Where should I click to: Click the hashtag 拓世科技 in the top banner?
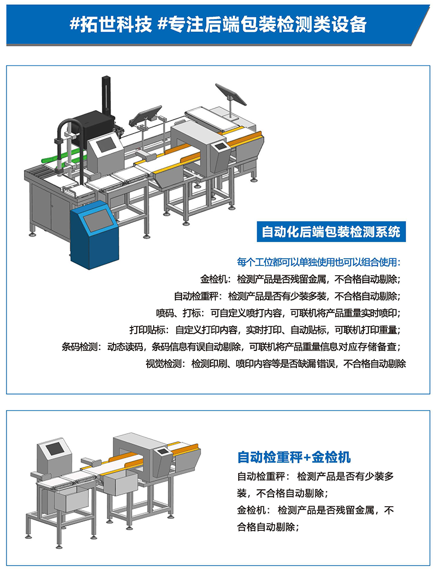coord(111,25)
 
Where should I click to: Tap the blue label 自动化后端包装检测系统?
coord(331,232)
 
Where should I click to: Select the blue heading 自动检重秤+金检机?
coord(294,457)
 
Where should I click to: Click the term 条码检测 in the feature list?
coord(80,347)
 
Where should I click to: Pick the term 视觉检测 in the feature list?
coord(163,363)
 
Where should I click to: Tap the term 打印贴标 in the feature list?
coord(148,330)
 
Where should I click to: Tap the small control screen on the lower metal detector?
coord(162,452)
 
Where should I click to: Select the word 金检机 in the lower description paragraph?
coord(251,510)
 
